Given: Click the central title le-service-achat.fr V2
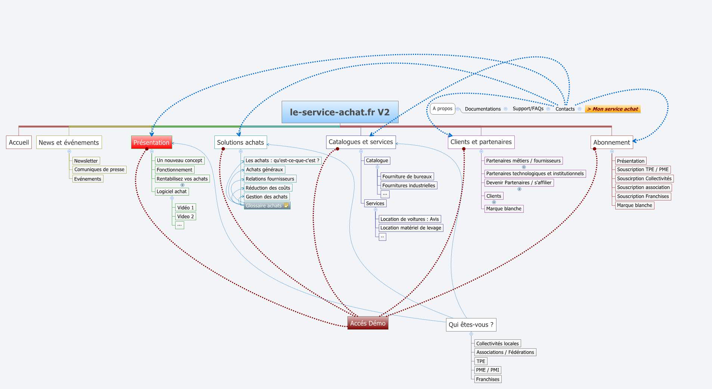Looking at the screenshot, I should point(340,112).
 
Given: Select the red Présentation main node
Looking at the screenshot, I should point(151,142).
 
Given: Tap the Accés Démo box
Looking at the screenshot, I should point(368,323).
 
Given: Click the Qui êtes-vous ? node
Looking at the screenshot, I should point(471,325).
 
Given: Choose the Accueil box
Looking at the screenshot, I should point(19,142).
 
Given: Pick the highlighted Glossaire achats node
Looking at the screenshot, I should point(264,206).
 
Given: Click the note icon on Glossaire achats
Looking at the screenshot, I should point(286,205).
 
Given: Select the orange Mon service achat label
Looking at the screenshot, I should point(613,109).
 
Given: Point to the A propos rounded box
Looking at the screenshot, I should point(442,109).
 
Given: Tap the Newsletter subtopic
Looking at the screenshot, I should point(86,161).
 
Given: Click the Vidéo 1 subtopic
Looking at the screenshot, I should point(185,208).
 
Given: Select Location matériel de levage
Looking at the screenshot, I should point(411,228).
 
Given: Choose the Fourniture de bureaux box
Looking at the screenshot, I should point(407,177).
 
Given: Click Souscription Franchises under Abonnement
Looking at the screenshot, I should point(643,196).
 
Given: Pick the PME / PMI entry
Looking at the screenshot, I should point(487,370).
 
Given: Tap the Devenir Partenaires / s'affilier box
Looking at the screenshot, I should point(518,183).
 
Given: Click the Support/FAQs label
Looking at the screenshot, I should point(527,109).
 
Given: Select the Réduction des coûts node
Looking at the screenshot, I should point(267,188).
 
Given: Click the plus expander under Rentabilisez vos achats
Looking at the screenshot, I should point(182,185).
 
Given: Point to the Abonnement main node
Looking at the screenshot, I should point(611,142).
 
